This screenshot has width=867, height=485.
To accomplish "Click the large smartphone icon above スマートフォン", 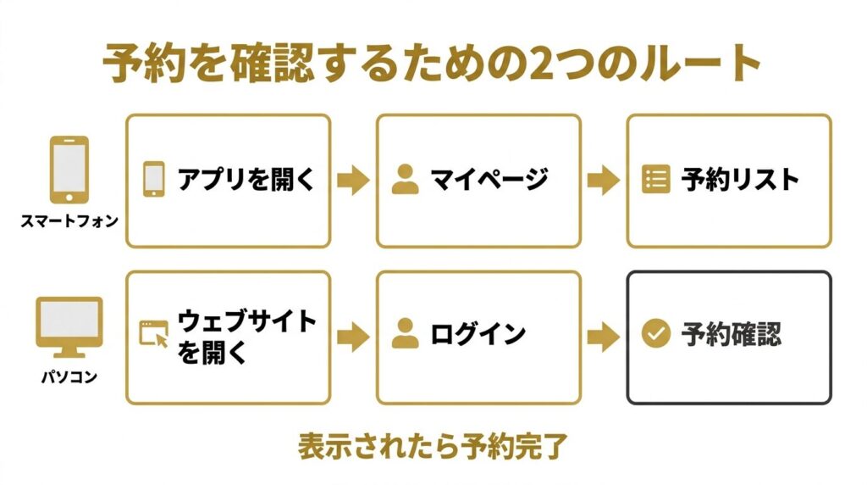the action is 69,170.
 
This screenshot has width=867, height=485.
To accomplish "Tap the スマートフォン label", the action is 69,221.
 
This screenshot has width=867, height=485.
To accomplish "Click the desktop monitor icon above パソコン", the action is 69,327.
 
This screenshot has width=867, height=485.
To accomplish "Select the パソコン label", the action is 69,377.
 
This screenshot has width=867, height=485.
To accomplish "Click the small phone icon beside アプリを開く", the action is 154,179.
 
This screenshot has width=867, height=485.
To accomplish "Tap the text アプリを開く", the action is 246,179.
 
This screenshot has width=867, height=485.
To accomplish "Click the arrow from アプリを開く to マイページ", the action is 353,180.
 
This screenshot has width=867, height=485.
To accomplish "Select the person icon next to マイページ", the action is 406,179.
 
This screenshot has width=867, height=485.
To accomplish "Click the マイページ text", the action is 489,179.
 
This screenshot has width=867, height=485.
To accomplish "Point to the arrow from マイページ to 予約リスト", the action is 604,180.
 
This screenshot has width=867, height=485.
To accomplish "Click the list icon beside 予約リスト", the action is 656,179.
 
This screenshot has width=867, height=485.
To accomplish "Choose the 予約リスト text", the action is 740,180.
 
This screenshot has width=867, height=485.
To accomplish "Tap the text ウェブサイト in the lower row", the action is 246,321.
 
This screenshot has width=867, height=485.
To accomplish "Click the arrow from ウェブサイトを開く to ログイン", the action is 353,337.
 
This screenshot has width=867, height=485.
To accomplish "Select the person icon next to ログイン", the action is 406,333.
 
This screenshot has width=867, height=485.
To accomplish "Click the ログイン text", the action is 478,334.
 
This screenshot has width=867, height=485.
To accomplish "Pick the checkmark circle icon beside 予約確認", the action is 656,333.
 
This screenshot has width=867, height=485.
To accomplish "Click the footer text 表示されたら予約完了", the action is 433,447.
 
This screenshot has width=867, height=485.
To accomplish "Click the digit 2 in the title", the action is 543,64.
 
